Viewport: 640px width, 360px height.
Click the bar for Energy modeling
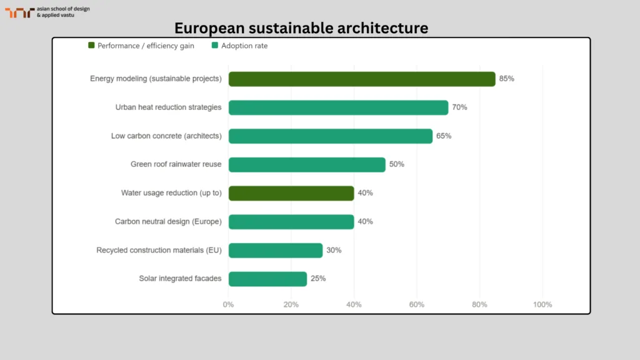pos(362,79)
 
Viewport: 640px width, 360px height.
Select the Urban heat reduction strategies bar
pos(338,107)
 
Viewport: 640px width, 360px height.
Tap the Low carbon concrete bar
pos(331,136)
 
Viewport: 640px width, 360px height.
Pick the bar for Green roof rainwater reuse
pos(307,164)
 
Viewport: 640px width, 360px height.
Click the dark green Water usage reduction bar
pos(291,193)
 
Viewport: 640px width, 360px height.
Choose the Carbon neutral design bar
pos(291,221)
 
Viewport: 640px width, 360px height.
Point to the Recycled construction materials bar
pos(276,250)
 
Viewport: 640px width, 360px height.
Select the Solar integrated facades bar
pos(267,279)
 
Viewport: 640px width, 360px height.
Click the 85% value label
pos(506,79)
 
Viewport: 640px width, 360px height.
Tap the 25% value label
pos(318,279)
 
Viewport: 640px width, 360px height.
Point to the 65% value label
pos(444,136)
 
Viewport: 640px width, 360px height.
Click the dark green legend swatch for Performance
pos(91,46)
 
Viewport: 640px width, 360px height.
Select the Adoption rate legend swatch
pos(215,46)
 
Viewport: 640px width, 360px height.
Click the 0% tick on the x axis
pos(228,304)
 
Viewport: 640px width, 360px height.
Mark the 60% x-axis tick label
pos(417,304)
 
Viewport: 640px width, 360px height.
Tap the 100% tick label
pos(542,304)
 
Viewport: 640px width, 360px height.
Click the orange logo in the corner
pos(19,12)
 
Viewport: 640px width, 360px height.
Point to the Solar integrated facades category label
pos(180,279)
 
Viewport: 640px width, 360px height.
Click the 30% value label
pos(334,250)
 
